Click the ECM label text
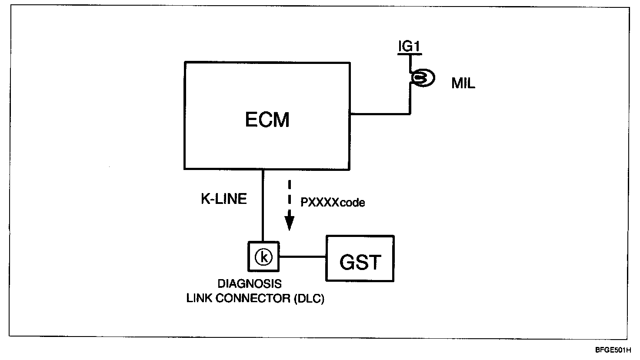(267, 120)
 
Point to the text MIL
(463, 83)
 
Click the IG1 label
(410, 47)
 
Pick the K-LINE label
(223, 199)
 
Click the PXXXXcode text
(333, 203)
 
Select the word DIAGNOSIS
(249, 284)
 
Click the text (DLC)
(309, 299)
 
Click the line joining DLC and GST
(303, 257)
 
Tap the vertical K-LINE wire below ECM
(263, 204)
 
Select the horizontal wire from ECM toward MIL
(380, 114)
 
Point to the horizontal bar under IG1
(409, 53)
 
